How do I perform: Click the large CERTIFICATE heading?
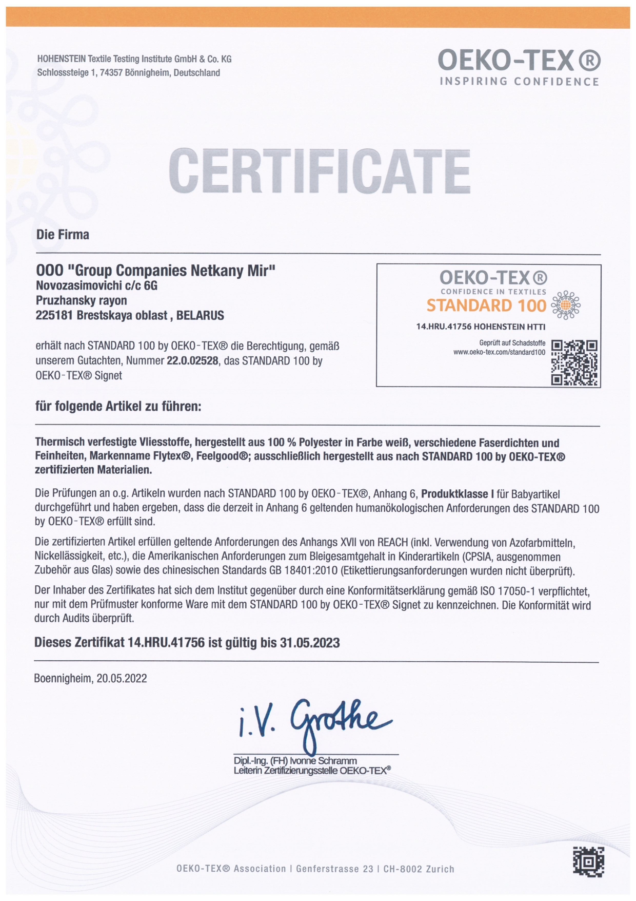pyautogui.click(x=319, y=171)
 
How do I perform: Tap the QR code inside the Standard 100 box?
pyautogui.click(x=574, y=362)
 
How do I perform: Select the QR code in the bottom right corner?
pyautogui.click(x=588, y=861)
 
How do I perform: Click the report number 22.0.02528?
pyautogui.click(x=193, y=361)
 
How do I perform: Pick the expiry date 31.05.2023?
pyautogui.click(x=310, y=643)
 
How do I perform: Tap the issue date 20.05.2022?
pyautogui.click(x=122, y=678)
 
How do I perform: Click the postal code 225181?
pyautogui.click(x=54, y=315)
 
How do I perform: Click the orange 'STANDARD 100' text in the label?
pyautogui.click(x=486, y=305)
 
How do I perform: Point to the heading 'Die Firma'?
pyautogui.click(x=63, y=235)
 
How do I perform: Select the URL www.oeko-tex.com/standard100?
pyautogui.click(x=499, y=352)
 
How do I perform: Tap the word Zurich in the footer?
pyautogui.click(x=440, y=869)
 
